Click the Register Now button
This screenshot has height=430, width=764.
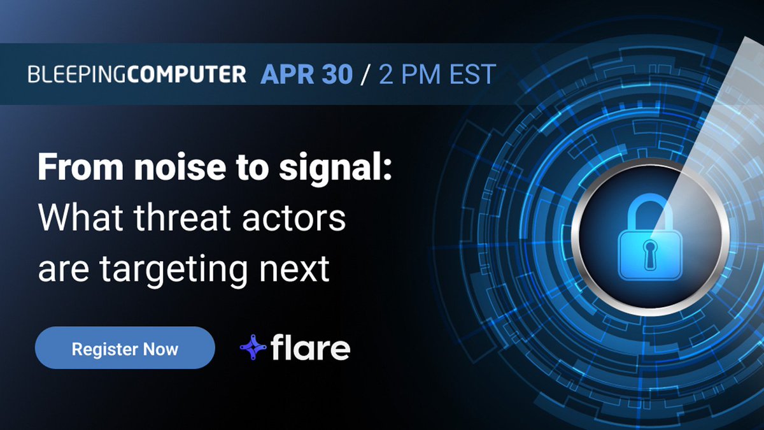[x=125, y=348]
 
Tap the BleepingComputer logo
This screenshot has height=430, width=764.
[x=137, y=75]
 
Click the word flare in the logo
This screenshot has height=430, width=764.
[x=310, y=348]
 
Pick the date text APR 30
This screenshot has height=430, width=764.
[x=306, y=75]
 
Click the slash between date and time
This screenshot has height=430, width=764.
[x=365, y=75]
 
